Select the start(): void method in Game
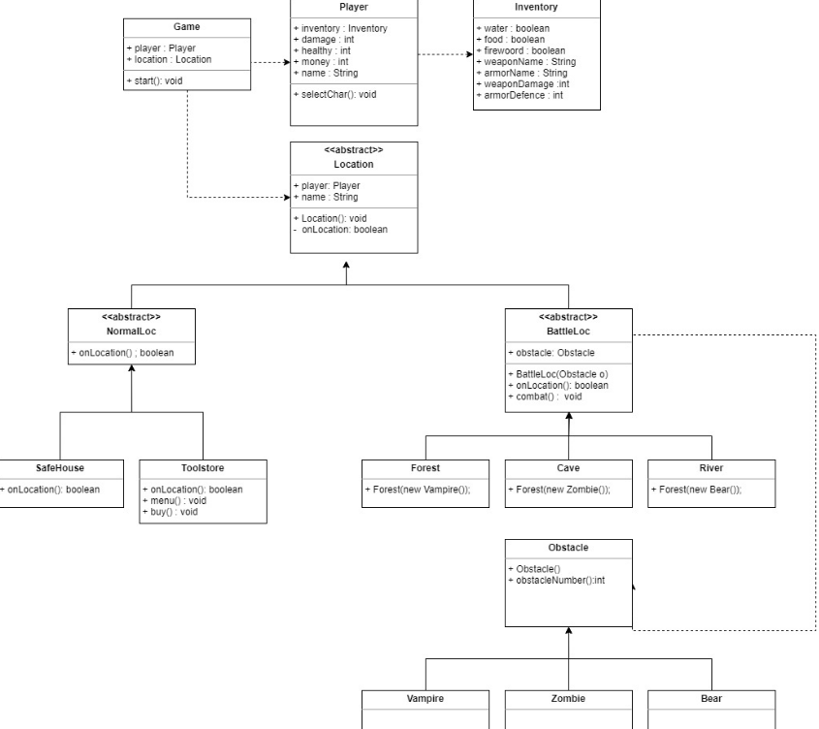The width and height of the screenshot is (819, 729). (x=155, y=80)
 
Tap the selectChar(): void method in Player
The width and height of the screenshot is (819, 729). (x=335, y=94)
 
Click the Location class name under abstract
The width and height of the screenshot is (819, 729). (x=353, y=165)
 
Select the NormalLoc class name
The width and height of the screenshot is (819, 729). (x=132, y=331)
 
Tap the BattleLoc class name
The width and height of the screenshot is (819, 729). (x=568, y=331)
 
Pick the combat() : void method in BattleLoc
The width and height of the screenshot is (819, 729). (x=551, y=396)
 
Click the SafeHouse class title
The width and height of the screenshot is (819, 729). (x=60, y=467)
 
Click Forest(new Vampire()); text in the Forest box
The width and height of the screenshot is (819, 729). (x=422, y=490)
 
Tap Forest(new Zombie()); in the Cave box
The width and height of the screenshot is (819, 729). (x=564, y=490)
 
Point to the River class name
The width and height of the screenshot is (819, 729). (x=711, y=467)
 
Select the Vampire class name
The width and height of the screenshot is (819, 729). (x=425, y=698)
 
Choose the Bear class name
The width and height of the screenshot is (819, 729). (x=711, y=698)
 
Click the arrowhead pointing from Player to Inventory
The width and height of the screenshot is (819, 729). (x=467, y=54)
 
